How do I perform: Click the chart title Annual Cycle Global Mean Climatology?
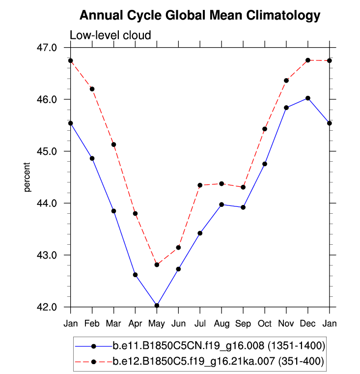199,16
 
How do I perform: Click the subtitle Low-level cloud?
110,35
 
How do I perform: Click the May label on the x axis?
157,324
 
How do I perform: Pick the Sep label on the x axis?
243,324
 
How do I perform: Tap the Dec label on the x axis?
308,324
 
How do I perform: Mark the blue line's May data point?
157,305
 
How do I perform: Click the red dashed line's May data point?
157,265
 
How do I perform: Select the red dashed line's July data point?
200,185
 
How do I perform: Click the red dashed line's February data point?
92,89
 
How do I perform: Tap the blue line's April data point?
135,275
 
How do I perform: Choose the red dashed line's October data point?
265,129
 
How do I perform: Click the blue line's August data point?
222,204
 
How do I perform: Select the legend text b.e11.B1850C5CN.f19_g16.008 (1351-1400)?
219,346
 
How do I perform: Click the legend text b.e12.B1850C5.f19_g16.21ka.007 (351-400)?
219,362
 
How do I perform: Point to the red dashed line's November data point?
286,80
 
